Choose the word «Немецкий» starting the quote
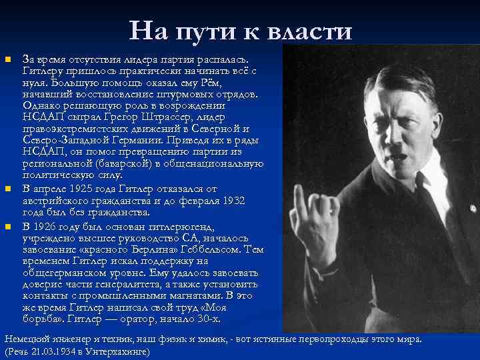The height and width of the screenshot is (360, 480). pos(24,339)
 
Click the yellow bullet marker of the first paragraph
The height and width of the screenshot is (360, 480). pos(9,61)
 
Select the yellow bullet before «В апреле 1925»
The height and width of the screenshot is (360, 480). pos(9,190)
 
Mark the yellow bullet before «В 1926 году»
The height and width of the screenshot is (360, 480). pos(9,227)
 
